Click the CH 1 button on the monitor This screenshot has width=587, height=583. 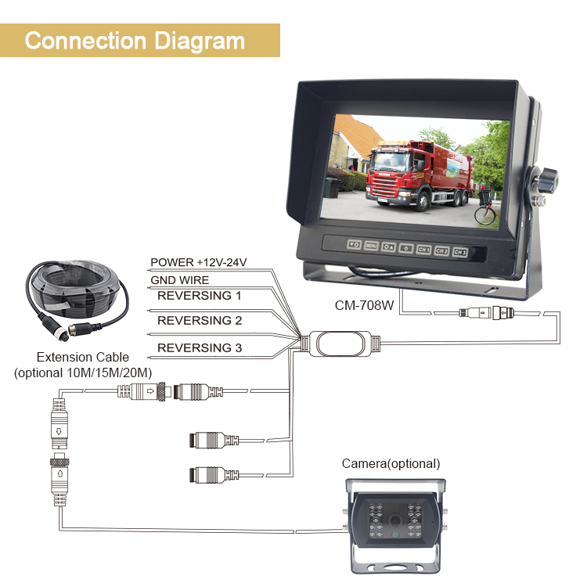pos(423,249)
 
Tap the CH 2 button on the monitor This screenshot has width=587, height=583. pos(441,250)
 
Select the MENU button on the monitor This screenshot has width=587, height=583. pos(371,246)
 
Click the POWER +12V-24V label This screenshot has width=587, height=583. pos(199,262)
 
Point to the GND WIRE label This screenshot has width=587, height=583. pos(180,280)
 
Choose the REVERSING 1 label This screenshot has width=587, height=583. pos(199,296)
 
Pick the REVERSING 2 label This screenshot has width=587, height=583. pos(200,320)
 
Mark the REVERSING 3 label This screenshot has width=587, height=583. pos(200,347)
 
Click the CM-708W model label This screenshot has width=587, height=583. pos(364,305)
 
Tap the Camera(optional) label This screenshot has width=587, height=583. pos(391,463)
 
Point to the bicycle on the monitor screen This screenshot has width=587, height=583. pos(487,211)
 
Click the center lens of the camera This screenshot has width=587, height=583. pos(394,520)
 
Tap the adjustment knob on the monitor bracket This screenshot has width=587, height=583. pos(547,181)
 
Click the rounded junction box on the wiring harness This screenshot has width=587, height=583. pos(340,344)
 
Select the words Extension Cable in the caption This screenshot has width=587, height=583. pos(83,357)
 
